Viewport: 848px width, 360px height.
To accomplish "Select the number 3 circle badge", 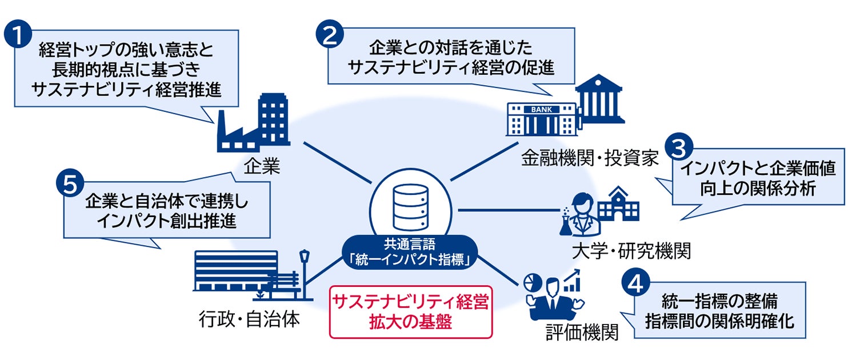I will (681, 147).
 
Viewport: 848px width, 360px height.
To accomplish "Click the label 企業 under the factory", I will (261, 167).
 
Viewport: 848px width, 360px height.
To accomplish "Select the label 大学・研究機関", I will (631, 250).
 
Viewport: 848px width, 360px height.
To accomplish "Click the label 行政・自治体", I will (250, 319).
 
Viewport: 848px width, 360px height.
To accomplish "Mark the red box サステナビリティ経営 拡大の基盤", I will (410, 311).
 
